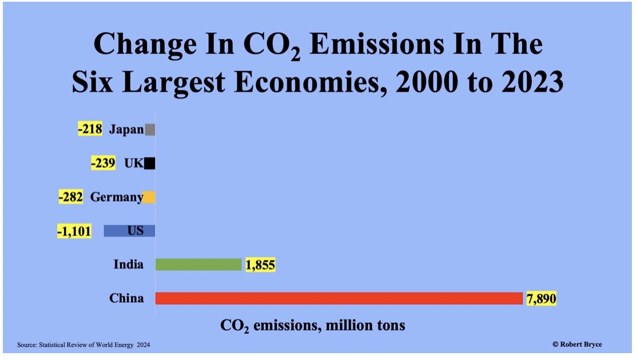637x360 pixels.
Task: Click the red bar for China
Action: [339, 298]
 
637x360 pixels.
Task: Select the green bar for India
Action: [198, 265]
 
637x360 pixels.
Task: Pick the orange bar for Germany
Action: [149, 198]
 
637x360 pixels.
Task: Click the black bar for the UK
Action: [150, 164]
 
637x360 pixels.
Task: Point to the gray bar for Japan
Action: [150, 130]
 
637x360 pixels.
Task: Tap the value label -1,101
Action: [74, 231]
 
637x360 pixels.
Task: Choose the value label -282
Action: [71, 198]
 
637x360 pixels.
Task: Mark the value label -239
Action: [103, 164]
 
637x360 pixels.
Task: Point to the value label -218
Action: [90, 130]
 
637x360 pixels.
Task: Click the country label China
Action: [126, 298]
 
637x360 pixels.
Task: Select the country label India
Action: [128, 265]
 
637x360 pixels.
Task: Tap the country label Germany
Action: [116, 198]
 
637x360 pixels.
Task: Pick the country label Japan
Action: [126, 130]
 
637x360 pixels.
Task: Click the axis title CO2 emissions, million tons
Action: [313, 326]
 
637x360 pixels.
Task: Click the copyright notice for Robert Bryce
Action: [577, 344]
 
